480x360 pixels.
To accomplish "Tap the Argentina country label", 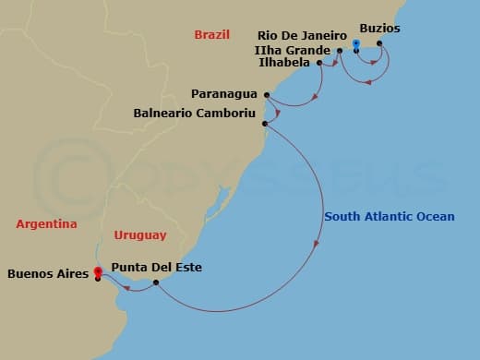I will [x=46, y=223].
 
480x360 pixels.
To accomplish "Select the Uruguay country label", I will [x=140, y=235].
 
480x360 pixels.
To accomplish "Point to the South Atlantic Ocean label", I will [x=390, y=217].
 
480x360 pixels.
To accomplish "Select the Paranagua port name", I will [x=225, y=94].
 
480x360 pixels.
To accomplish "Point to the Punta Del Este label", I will [x=156, y=268].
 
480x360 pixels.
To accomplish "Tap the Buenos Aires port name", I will [x=47, y=274].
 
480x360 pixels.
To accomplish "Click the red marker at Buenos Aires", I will [x=97, y=271].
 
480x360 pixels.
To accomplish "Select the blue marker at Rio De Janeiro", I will [x=356, y=43].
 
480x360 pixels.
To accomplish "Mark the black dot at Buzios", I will [x=379, y=43].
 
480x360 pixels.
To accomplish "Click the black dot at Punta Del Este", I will [x=156, y=282].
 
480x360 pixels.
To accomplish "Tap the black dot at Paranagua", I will [x=267, y=94].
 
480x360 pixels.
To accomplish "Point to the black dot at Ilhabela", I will [x=319, y=63].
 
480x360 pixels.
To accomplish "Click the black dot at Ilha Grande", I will [x=340, y=50].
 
